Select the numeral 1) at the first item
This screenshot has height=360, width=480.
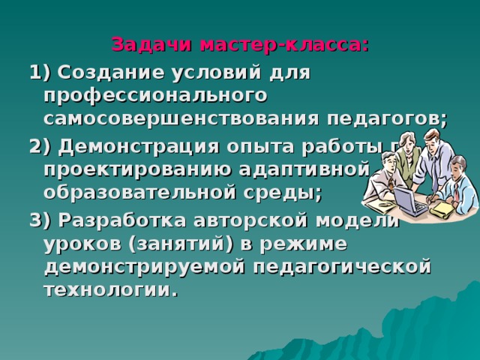pos(38,73)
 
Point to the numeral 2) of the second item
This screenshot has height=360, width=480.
pos(38,145)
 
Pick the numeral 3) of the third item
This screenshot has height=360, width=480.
pos(38,219)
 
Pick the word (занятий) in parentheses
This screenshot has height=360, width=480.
pos(177,243)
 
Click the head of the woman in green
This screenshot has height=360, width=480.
pos(397,143)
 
